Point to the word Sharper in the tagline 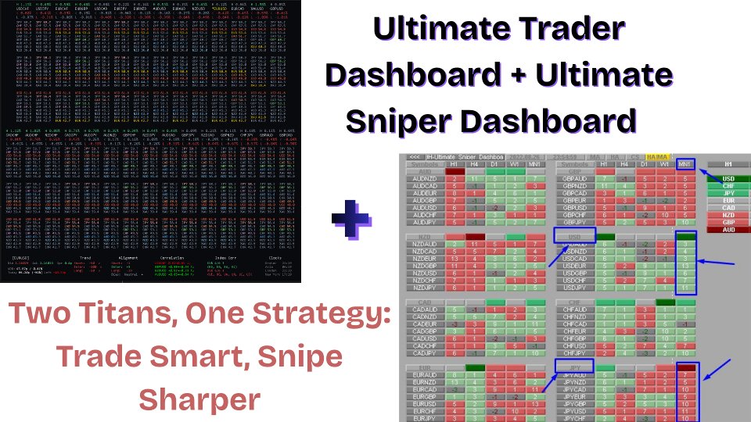coord(199,399)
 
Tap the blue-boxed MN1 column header coord(685,165)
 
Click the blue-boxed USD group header coord(575,235)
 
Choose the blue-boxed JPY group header coord(575,365)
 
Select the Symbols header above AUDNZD coord(422,165)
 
